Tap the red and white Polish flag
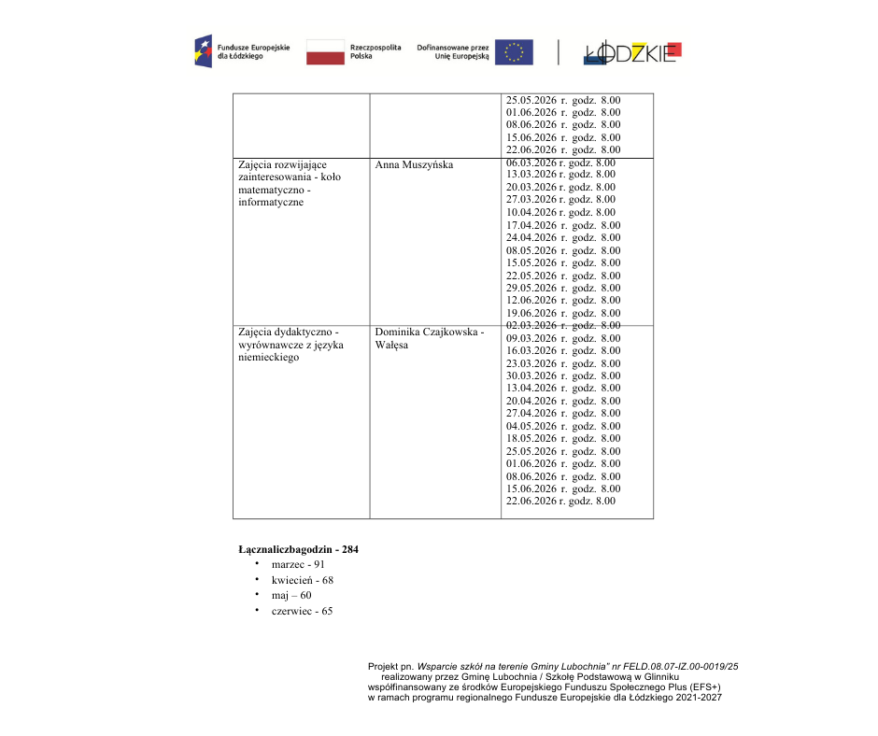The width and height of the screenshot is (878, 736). click(x=325, y=51)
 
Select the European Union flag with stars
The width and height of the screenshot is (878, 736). click(x=514, y=51)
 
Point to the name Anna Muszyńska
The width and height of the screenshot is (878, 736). click(x=414, y=165)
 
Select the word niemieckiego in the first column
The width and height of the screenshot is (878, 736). click(x=269, y=358)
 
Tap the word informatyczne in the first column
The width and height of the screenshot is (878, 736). click(x=271, y=203)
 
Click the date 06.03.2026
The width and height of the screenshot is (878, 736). click(x=531, y=163)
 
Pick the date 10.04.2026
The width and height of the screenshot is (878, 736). click(x=531, y=212)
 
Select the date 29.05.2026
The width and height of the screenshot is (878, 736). click(x=531, y=288)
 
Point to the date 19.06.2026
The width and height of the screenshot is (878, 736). click(x=531, y=313)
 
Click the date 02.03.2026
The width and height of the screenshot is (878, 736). click(x=531, y=325)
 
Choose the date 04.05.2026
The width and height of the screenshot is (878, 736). click(x=531, y=426)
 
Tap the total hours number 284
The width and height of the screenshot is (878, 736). click(x=350, y=549)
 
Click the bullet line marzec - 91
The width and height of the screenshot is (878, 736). click(x=298, y=565)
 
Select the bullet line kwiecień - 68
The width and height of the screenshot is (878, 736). click(x=302, y=580)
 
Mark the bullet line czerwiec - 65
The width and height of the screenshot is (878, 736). click(x=302, y=611)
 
